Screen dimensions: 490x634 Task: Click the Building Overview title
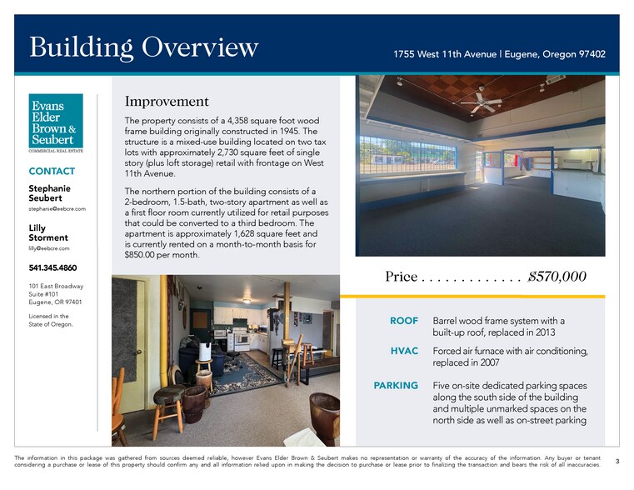click(144, 47)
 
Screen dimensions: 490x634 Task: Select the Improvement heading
click(167, 102)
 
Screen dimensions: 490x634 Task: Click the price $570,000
click(557, 277)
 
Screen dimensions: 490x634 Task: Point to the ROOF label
click(404, 321)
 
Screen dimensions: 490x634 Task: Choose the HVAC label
click(404, 351)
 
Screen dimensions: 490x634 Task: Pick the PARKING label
click(396, 386)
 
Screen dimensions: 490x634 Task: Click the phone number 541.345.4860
click(53, 268)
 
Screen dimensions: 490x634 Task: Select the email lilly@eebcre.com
click(49, 248)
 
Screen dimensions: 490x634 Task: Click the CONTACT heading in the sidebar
click(52, 171)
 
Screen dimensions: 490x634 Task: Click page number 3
click(617, 461)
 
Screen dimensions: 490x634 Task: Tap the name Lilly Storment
click(47, 232)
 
